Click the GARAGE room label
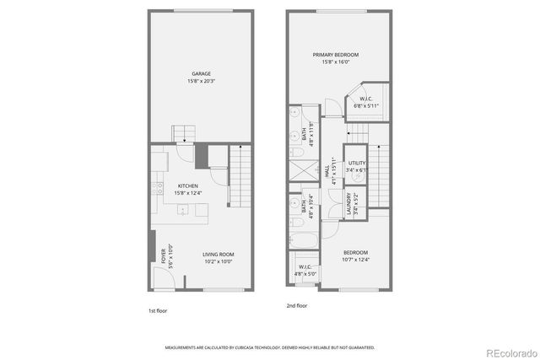point(200,73)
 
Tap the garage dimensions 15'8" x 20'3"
point(200,82)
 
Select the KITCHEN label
point(187,185)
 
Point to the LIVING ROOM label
point(218,255)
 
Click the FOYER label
point(164,255)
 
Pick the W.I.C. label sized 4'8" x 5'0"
point(304,267)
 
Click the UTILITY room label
point(358,163)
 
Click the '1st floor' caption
point(157,310)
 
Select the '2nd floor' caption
point(296,305)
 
